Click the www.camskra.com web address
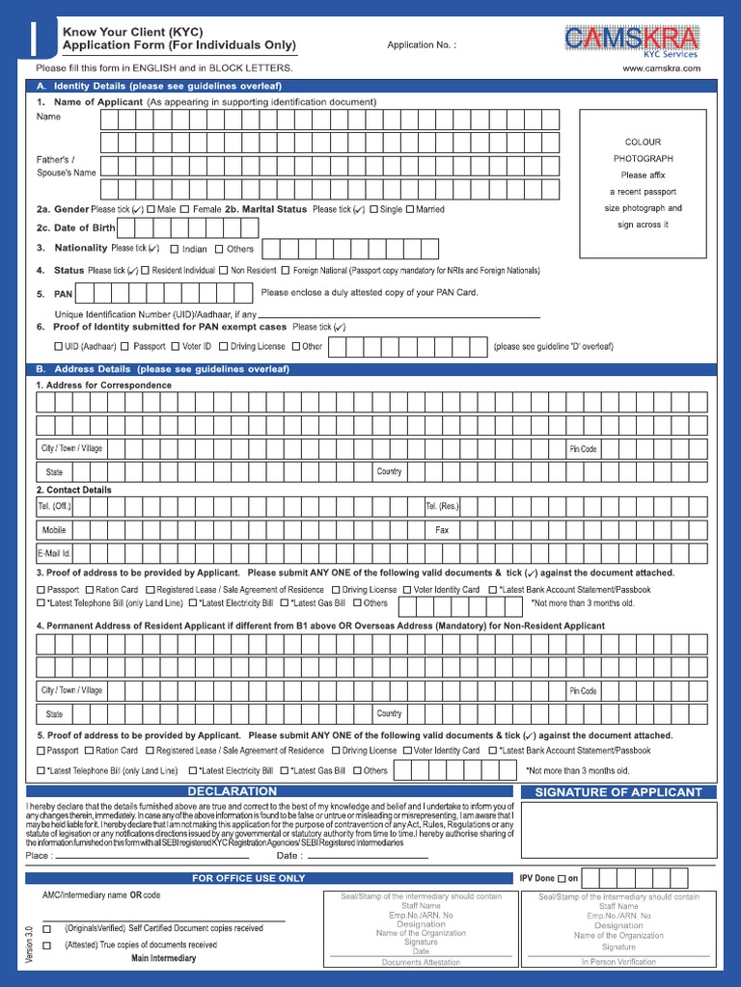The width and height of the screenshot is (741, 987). click(660, 68)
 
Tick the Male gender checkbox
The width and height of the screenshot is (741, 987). click(151, 209)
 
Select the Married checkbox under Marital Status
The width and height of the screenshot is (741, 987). click(410, 209)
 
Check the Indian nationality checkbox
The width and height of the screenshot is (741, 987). click(174, 249)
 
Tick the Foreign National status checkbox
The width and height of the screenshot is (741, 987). click(286, 271)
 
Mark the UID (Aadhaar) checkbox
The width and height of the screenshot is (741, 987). click(58, 346)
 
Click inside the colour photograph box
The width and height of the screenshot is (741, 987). click(642, 183)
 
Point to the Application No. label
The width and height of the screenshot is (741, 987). click(421, 45)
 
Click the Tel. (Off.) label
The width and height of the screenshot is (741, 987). click(54, 506)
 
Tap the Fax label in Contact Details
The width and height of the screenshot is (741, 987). click(442, 530)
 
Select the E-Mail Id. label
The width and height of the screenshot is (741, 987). click(54, 553)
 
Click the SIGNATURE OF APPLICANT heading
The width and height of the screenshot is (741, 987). click(618, 792)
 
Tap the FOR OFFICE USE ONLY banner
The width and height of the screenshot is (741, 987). click(248, 878)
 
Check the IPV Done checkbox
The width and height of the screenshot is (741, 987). click(562, 879)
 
